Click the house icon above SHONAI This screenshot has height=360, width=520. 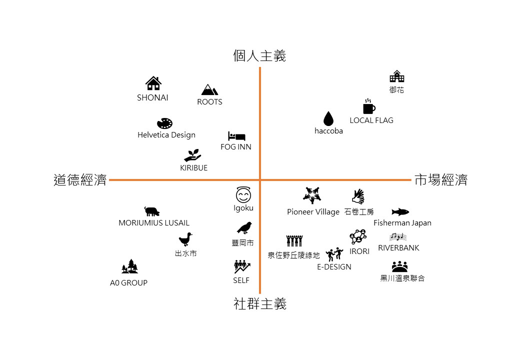tap(153, 83)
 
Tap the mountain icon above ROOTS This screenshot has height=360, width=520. tap(209, 89)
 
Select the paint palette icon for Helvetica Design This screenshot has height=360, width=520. tap(165, 123)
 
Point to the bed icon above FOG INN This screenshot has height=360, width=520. tap(236, 136)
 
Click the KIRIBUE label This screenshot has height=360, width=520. tap(193, 168)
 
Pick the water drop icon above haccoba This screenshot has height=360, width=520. tap(328, 118)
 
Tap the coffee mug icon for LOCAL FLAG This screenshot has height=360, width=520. tap(369, 106)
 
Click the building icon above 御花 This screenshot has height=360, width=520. tap(396, 76)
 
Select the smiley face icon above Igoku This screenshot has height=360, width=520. tap(243, 194)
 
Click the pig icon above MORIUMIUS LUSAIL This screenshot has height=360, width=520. tap(152, 211)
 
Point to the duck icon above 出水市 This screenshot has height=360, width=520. tap(185, 239)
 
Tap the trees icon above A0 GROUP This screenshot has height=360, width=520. tap(129, 266)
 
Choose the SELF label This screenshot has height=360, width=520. tap(241, 280)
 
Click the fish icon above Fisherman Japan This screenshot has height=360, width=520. tap(400, 212)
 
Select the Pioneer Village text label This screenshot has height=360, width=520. tap(313, 212)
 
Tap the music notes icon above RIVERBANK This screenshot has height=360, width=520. tap(398, 236)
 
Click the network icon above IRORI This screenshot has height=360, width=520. tap(358, 236)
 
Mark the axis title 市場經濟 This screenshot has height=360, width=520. tap(441, 180)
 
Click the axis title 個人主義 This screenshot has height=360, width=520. tap(259, 55)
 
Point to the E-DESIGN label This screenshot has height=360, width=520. tap(334, 267)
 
